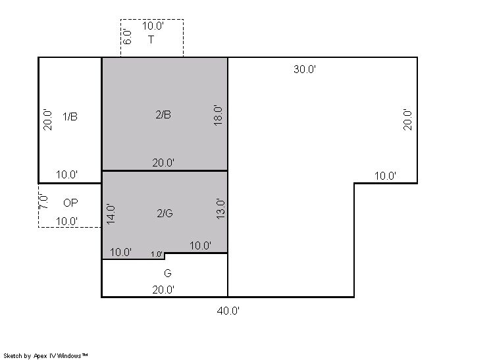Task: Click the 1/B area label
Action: pos(70,116)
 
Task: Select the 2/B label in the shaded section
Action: pos(163,115)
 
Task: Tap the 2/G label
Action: pos(165,213)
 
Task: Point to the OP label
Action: pos(70,203)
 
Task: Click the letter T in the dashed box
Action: pos(151,39)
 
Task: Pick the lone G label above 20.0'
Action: pos(168,273)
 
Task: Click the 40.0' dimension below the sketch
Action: pos(228,311)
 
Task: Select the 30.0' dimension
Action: pos(305,69)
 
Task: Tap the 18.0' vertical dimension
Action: pos(218,115)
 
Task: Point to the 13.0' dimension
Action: pos(220,209)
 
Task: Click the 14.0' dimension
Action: pos(111,215)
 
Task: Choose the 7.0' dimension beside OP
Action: pos(43,202)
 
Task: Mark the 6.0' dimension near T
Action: pos(127,37)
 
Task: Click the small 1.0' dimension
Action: pos(157,254)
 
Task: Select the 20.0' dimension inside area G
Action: pos(163,290)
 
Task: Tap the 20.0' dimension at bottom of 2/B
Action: pos(163,163)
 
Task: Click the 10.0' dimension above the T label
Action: pos(153,26)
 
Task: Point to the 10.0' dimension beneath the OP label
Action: pos(66,221)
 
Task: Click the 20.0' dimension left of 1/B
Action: pos(47,120)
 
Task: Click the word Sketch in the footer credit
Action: pos(13,356)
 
